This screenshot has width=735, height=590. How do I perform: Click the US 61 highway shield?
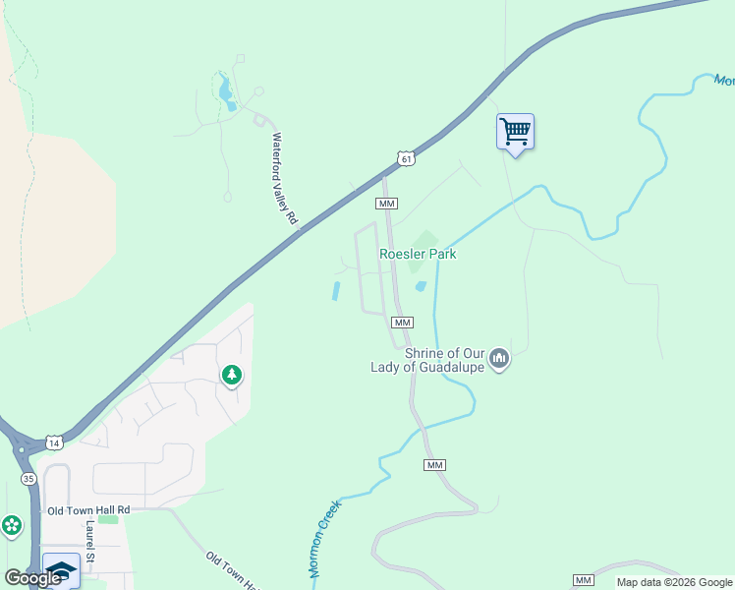point(407,157)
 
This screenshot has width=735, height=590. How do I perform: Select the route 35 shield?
point(28,477)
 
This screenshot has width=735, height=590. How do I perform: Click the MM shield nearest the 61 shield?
point(386,204)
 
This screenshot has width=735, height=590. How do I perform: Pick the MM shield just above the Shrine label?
point(401,323)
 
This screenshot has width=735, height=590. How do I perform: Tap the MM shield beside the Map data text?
point(584,580)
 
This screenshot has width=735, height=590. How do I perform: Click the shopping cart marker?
point(515,132)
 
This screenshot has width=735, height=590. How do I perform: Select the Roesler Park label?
point(418,254)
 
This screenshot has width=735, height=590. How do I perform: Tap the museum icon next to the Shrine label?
point(499,359)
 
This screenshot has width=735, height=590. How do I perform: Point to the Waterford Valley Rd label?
point(284,180)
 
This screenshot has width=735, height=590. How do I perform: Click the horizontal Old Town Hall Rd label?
point(88,510)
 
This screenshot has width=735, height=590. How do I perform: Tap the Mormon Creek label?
point(323,538)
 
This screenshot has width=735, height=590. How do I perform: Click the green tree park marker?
point(232,375)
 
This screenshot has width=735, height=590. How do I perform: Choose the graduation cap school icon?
point(61,570)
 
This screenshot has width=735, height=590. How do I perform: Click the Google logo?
point(33,578)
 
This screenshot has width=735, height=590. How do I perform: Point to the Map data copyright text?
point(674,582)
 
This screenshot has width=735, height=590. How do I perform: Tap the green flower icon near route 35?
point(12,526)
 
